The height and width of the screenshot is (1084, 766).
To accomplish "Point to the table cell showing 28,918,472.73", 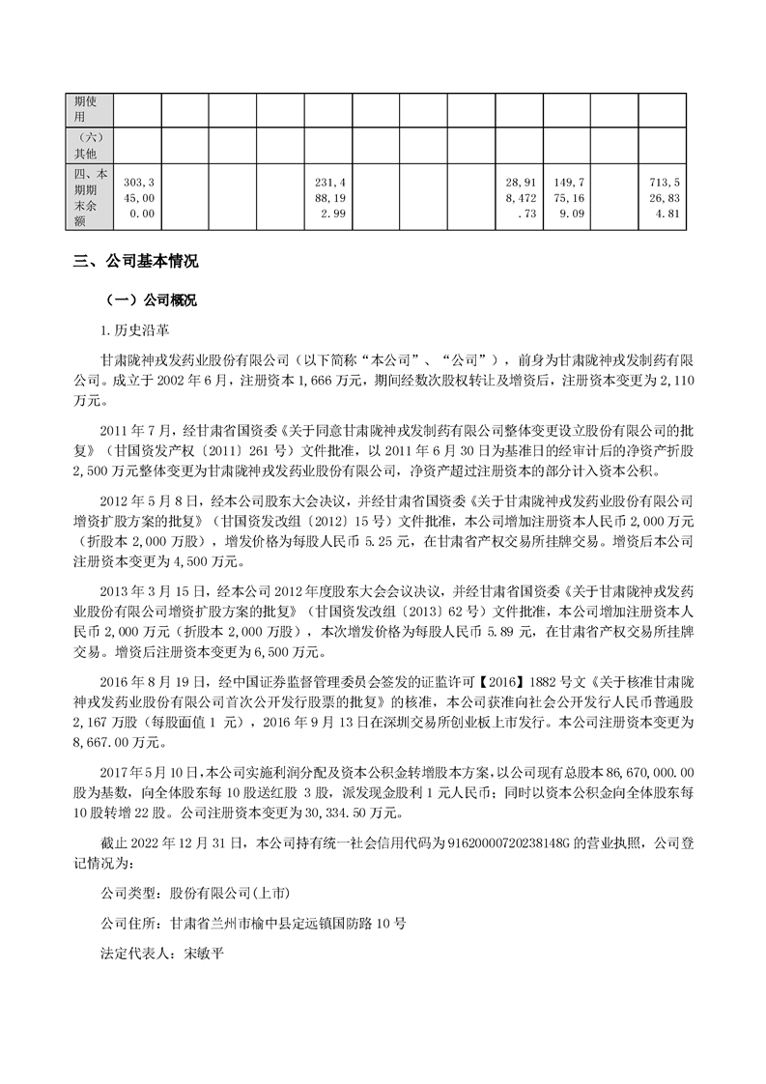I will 518,197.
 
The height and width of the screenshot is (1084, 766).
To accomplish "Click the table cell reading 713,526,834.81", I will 661,197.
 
